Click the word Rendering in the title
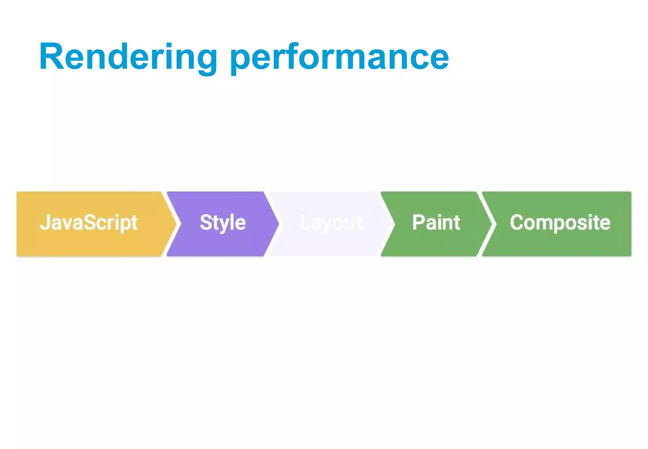[128, 57]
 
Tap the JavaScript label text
[89, 223]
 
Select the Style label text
[223, 223]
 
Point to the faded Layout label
[331, 223]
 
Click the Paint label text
[436, 222]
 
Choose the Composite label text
[560, 223]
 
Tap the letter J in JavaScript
[45, 222]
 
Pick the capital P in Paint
[418, 222]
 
